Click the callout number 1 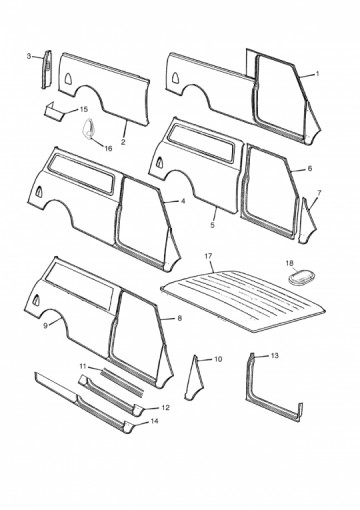pyautogui.click(x=317, y=74)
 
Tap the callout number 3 pyautogui.click(x=29, y=56)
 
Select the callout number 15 pyautogui.click(x=84, y=109)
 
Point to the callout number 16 pyautogui.click(x=108, y=149)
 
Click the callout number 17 pyautogui.click(x=208, y=256)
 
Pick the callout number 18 pyautogui.click(x=290, y=263)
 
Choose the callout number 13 pyautogui.click(x=274, y=356)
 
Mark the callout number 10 pyautogui.click(x=218, y=359)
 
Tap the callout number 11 pyautogui.click(x=83, y=366)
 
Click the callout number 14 pyautogui.click(x=154, y=421)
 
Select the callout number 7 pyautogui.click(x=319, y=193)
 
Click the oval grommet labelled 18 pyautogui.click(x=301, y=277)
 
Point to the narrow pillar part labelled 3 pyautogui.click(x=46, y=69)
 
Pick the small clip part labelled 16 pyautogui.click(x=89, y=129)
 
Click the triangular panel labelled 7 pyautogui.click(x=307, y=221)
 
